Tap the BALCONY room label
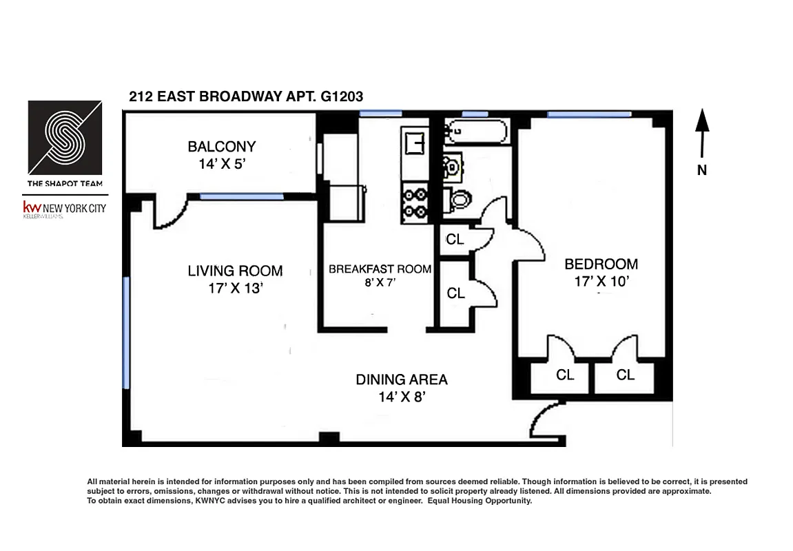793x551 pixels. pyautogui.click(x=221, y=146)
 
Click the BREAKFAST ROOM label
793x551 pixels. pyautogui.click(x=380, y=269)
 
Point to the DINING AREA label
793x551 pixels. pyautogui.click(x=401, y=380)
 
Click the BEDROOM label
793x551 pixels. pyautogui.click(x=601, y=264)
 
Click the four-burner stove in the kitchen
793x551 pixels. pyautogui.click(x=413, y=202)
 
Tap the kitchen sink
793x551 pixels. pyautogui.click(x=413, y=143)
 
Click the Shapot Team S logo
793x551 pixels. pyautogui.click(x=65, y=138)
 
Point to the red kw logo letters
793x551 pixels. pyautogui.click(x=32, y=207)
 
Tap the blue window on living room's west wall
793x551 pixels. pyautogui.click(x=125, y=331)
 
